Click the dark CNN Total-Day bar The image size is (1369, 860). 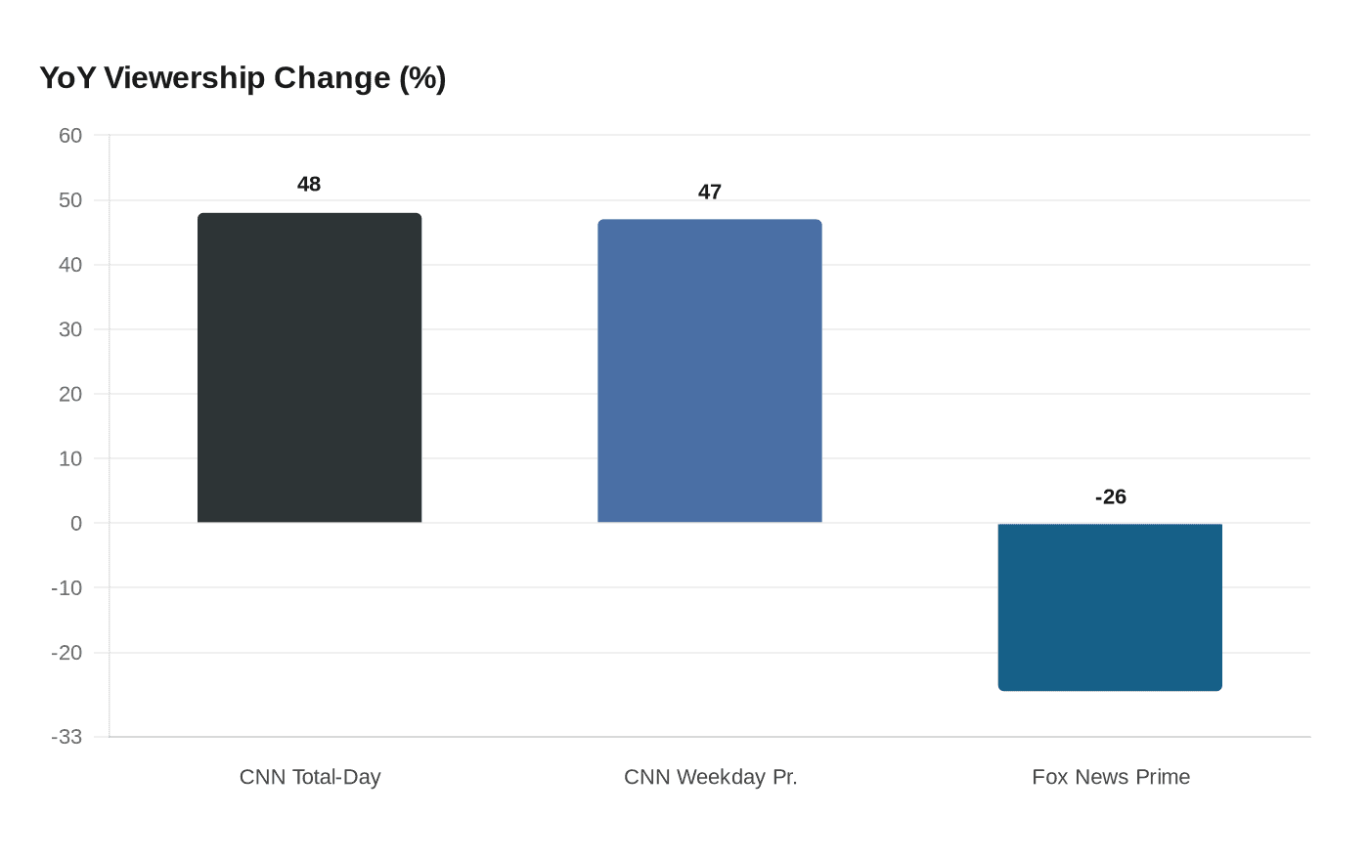[x=309, y=367]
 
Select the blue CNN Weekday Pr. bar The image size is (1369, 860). [x=710, y=371]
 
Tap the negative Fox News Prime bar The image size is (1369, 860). [x=1110, y=607]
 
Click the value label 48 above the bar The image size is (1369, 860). [x=309, y=185]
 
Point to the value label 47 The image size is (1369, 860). [x=710, y=193]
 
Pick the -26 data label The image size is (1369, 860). [x=1111, y=497]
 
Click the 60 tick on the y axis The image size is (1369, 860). [x=70, y=136]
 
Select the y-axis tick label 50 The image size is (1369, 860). [x=70, y=200]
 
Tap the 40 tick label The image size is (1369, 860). [x=70, y=265]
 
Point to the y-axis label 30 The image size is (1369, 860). [x=70, y=329]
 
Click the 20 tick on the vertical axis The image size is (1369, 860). [x=70, y=394]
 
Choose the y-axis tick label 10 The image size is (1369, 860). [x=70, y=458]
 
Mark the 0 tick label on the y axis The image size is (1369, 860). [x=76, y=524]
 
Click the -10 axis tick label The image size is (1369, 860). [x=66, y=588]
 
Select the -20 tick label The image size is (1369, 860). [x=66, y=653]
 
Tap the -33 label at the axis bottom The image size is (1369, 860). [x=66, y=737]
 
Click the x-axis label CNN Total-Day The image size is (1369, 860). [x=310, y=777]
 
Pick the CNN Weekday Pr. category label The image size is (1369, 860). [x=711, y=777]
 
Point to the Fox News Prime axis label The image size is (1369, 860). [x=1111, y=777]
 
